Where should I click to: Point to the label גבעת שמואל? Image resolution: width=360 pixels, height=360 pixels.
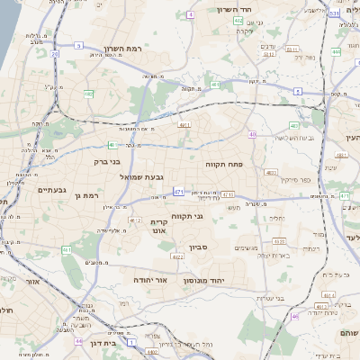tap(144, 177)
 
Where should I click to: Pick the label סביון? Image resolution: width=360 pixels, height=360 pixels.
tap(199, 245)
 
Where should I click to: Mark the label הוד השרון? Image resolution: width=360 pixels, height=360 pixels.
tap(238, 9)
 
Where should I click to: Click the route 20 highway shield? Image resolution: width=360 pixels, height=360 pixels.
tap(54, 54)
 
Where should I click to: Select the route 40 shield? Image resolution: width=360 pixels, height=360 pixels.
tap(253, 134)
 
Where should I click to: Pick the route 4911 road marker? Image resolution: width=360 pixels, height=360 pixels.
tap(184, 125)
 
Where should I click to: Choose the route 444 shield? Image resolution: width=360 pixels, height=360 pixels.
tap(335, 52)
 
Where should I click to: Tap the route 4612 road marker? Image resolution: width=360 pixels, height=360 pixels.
tap(135, 219)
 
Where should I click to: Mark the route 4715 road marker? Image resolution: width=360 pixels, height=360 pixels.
tap(228, 193)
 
